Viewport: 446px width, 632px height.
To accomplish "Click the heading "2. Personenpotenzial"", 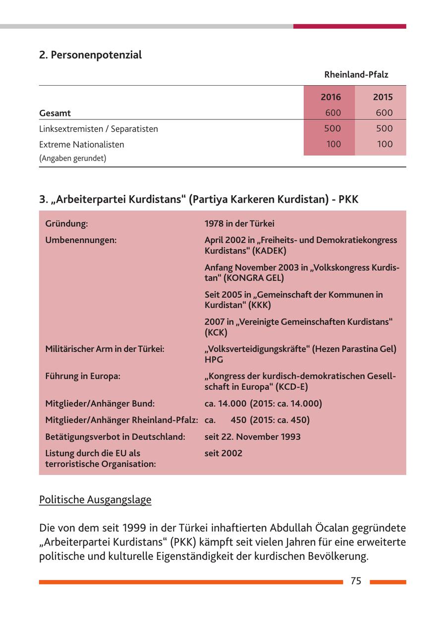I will click(90, 55).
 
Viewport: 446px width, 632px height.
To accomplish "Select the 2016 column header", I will click(331, 97).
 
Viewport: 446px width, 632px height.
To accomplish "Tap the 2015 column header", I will click(383, 97).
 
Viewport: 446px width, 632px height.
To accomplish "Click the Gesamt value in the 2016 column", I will click(333, 113).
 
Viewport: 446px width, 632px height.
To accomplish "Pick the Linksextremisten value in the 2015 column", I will click(384, 129).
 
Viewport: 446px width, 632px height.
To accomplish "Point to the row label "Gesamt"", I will click(55, 113).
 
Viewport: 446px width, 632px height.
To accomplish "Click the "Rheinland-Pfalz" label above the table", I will click(356, 75).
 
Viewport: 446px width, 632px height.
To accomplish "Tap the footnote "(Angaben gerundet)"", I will click(72, 158).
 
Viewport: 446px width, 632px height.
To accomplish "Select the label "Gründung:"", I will click(66, 224).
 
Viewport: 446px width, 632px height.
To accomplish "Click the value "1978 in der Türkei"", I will click(239, 224).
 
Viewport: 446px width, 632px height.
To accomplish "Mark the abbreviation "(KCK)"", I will click(216, 333).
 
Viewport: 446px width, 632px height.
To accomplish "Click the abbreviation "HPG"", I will click(214, 360).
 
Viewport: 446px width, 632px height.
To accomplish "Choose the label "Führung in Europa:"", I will click(83, 376).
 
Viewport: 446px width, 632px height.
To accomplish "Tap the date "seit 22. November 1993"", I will click(252, 437).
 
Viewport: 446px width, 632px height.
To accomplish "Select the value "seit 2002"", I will click(223, 453).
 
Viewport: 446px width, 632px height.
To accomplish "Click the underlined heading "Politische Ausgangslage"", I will click(95, 500).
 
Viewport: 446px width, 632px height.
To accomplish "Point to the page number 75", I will click(356, 581).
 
